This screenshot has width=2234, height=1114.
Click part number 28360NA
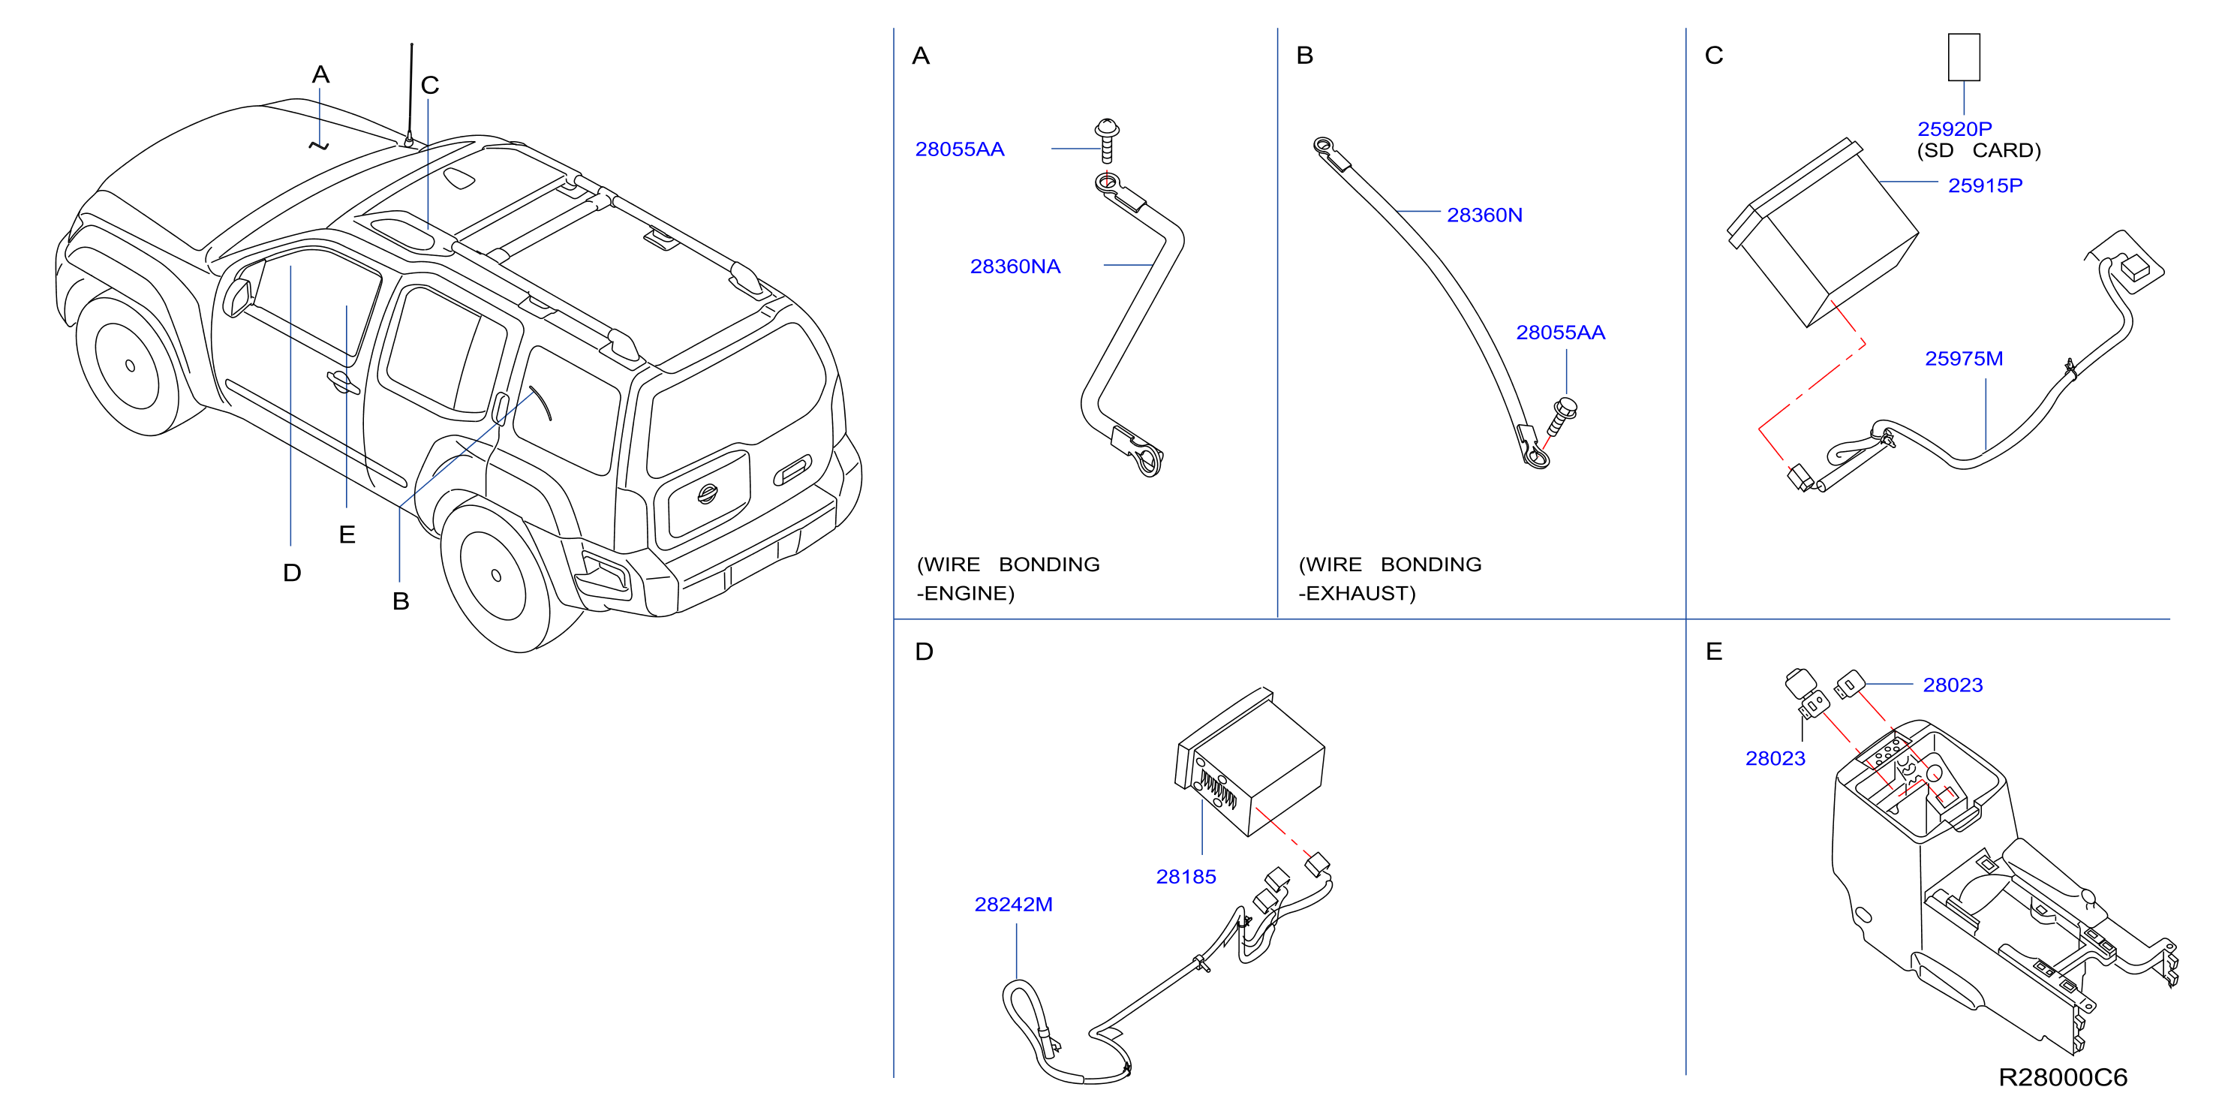[x=1015, y=266]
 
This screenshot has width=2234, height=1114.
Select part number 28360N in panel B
[x=1484, y=215]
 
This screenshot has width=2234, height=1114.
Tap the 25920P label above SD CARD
[x=1954, y=128]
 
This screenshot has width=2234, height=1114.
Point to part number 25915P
[x=1985, y=185]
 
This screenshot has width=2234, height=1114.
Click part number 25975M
[x=1963, y=358]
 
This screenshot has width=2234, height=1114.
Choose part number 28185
[x=1186, y=876]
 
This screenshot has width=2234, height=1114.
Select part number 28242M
[x=1013, y=904]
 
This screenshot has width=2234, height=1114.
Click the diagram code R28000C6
[x=2062, y=1076]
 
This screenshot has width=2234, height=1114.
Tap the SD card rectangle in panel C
[x=1963, y=57]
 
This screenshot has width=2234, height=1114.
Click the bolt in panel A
[x=1107, y=140]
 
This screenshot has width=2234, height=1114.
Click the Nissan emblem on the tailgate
[x=708, y=494]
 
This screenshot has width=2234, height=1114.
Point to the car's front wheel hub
[x=130, y=366]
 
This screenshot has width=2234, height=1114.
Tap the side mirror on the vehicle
[x=236, y=297]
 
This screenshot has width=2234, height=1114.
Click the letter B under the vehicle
[x=401, y=601]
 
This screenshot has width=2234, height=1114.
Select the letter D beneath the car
[x=292, y=573]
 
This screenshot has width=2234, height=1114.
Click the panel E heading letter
[x=1714, y=651]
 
